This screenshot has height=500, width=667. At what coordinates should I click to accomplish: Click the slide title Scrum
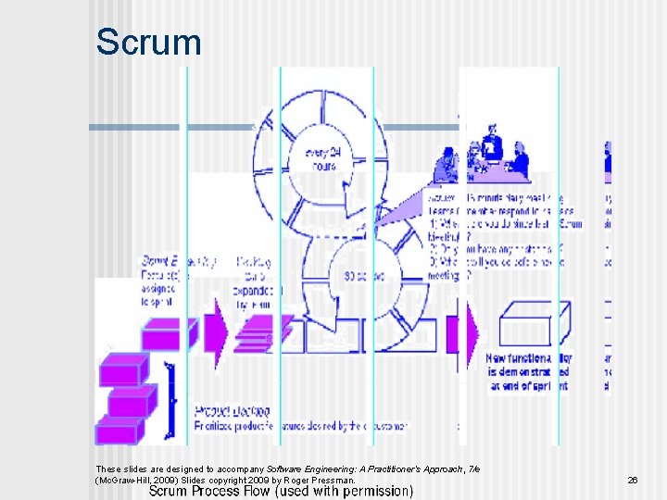[148, 43]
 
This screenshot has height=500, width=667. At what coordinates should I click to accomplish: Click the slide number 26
[633, 481]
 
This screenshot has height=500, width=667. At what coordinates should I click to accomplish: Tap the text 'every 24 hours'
[324, 158]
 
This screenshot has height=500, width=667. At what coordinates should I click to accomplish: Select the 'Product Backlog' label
[233, 410]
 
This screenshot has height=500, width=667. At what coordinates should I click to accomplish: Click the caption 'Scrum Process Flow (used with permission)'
[282, 491]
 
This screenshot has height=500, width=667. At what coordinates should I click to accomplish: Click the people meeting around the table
[482, 161]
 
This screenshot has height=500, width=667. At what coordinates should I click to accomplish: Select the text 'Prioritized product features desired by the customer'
[301, 426]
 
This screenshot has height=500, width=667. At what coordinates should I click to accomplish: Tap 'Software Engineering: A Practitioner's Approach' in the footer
[371, 469]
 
